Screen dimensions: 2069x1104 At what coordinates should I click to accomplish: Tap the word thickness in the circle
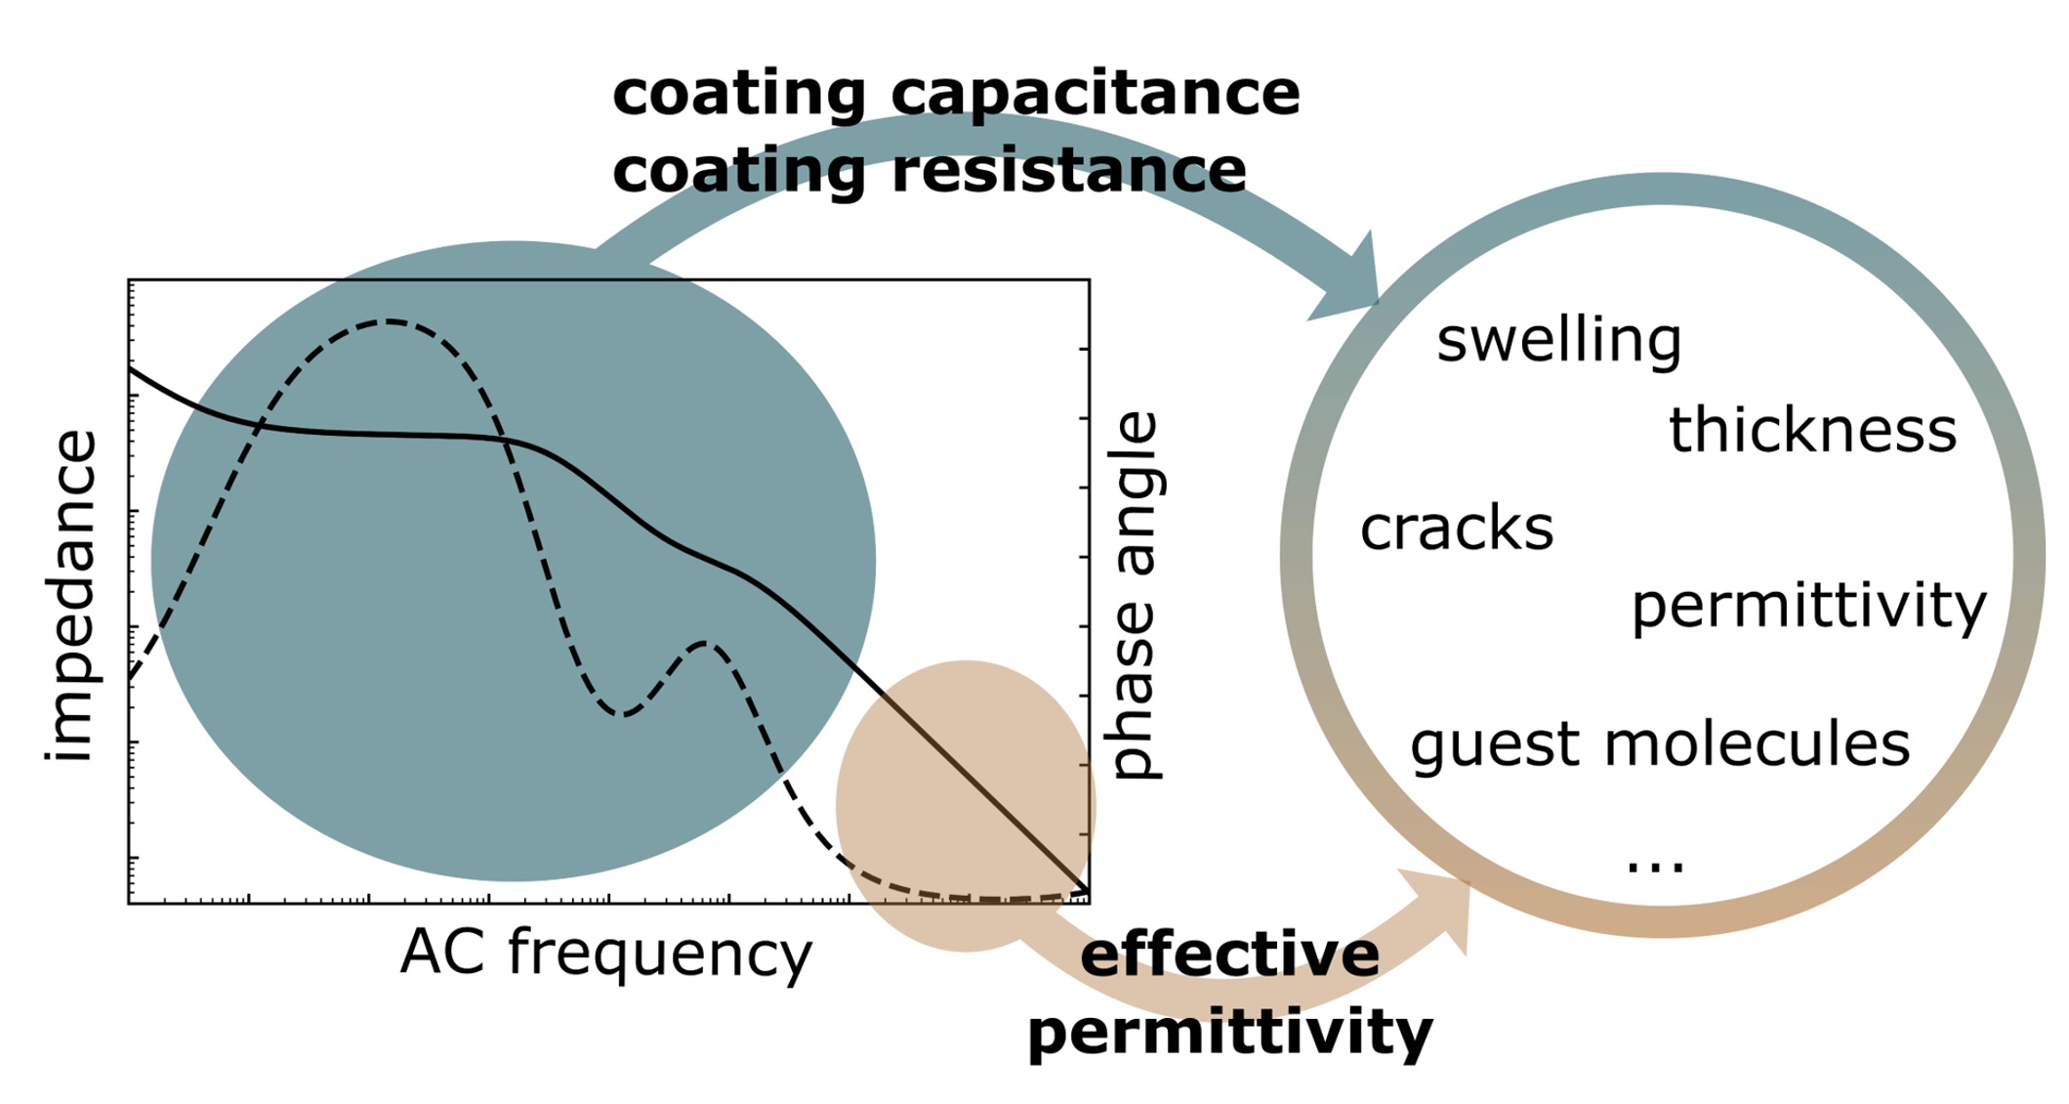click(1812, 430)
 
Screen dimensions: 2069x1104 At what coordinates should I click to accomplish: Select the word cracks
click(1456, 529)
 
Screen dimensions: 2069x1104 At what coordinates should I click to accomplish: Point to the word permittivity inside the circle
click(1808, 608)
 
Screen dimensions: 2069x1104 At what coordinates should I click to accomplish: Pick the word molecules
click(1757, 743)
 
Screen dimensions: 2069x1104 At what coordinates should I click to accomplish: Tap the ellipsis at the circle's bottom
click(1656, 865)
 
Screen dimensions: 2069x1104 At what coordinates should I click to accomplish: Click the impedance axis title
click(70, 596)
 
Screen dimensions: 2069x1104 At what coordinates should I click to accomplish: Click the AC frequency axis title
click(605, 954)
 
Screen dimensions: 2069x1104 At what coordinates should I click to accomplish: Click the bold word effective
click(1229, 955)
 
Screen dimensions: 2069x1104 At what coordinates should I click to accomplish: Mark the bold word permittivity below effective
click(1229, 1033)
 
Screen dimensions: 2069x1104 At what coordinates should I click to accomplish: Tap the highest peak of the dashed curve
click(388, 321)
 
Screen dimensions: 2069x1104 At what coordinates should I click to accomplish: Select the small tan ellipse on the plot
click(966, 806)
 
